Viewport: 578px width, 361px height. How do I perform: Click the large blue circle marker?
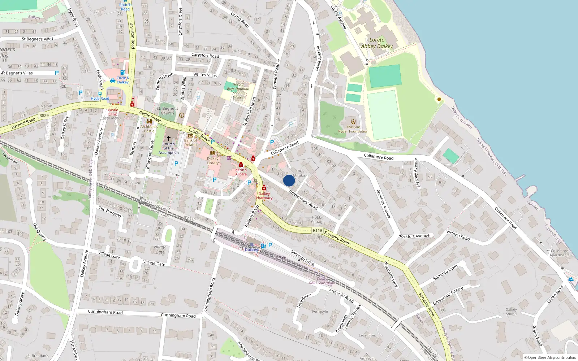pos(289,180)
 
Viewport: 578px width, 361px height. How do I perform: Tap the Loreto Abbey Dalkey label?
pos(377,43)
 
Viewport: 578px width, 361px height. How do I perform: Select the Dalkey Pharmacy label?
pos(264,196)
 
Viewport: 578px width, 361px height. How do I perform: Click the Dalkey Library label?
pos(213,161)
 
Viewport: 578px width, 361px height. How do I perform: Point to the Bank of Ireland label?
pos(190,143)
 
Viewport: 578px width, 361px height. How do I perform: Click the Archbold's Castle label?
pos(149,129)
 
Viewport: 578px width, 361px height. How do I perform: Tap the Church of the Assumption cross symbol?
pos(168,138)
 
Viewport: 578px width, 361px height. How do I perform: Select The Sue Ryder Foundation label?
pos(353,129)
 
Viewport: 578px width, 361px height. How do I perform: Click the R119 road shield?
pos(317,230)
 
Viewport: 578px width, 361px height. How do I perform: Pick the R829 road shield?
pos(44,116)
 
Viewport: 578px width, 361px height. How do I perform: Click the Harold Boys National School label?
pos(238,91)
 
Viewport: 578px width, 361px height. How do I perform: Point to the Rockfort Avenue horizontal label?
pos(414,236)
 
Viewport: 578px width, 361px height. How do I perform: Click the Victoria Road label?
pos(458,235)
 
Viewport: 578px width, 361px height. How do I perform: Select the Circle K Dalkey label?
pos(123,80)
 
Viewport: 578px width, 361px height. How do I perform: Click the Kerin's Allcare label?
pos(241,172)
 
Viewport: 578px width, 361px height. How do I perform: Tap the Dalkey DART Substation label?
pos(322,281)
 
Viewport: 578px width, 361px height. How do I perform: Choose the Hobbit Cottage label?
pos(318,219)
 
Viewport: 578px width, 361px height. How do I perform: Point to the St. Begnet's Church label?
pos(167,110)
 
